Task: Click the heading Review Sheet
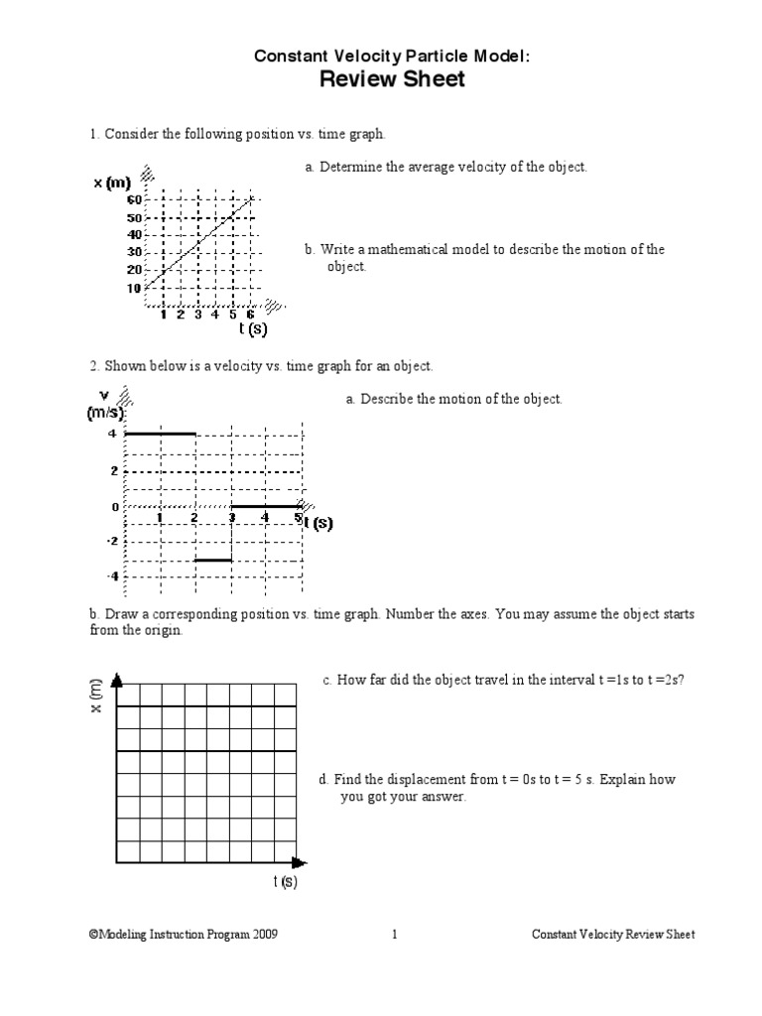392,80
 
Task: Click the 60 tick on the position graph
134,199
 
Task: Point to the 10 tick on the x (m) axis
134,288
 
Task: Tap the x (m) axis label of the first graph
112,183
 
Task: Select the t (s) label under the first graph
253,328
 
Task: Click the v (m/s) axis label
104,405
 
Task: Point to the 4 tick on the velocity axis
113,434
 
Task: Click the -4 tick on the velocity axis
112,576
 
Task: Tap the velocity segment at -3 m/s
212,561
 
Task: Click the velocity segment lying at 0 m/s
266,506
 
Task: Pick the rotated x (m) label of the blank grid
95,700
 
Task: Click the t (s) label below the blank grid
286,882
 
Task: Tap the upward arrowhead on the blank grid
118,681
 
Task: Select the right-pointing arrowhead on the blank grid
301,863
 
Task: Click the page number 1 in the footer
395,935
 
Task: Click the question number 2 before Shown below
93,366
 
